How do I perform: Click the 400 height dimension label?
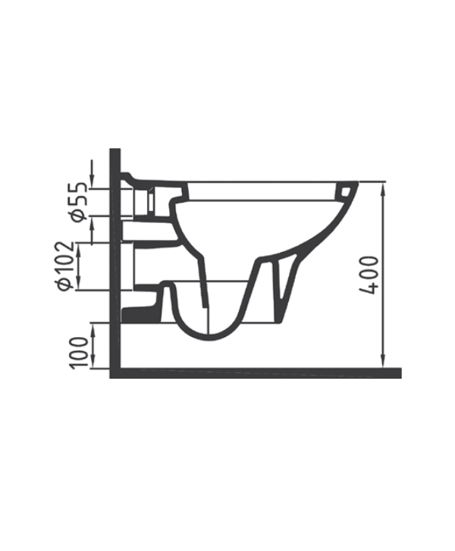coord(369,275)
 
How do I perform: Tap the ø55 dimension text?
coord(79,202)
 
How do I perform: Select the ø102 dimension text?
coord(67,266)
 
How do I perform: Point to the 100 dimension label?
coord(79,353)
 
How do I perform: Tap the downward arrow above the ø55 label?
coord(92,175)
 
